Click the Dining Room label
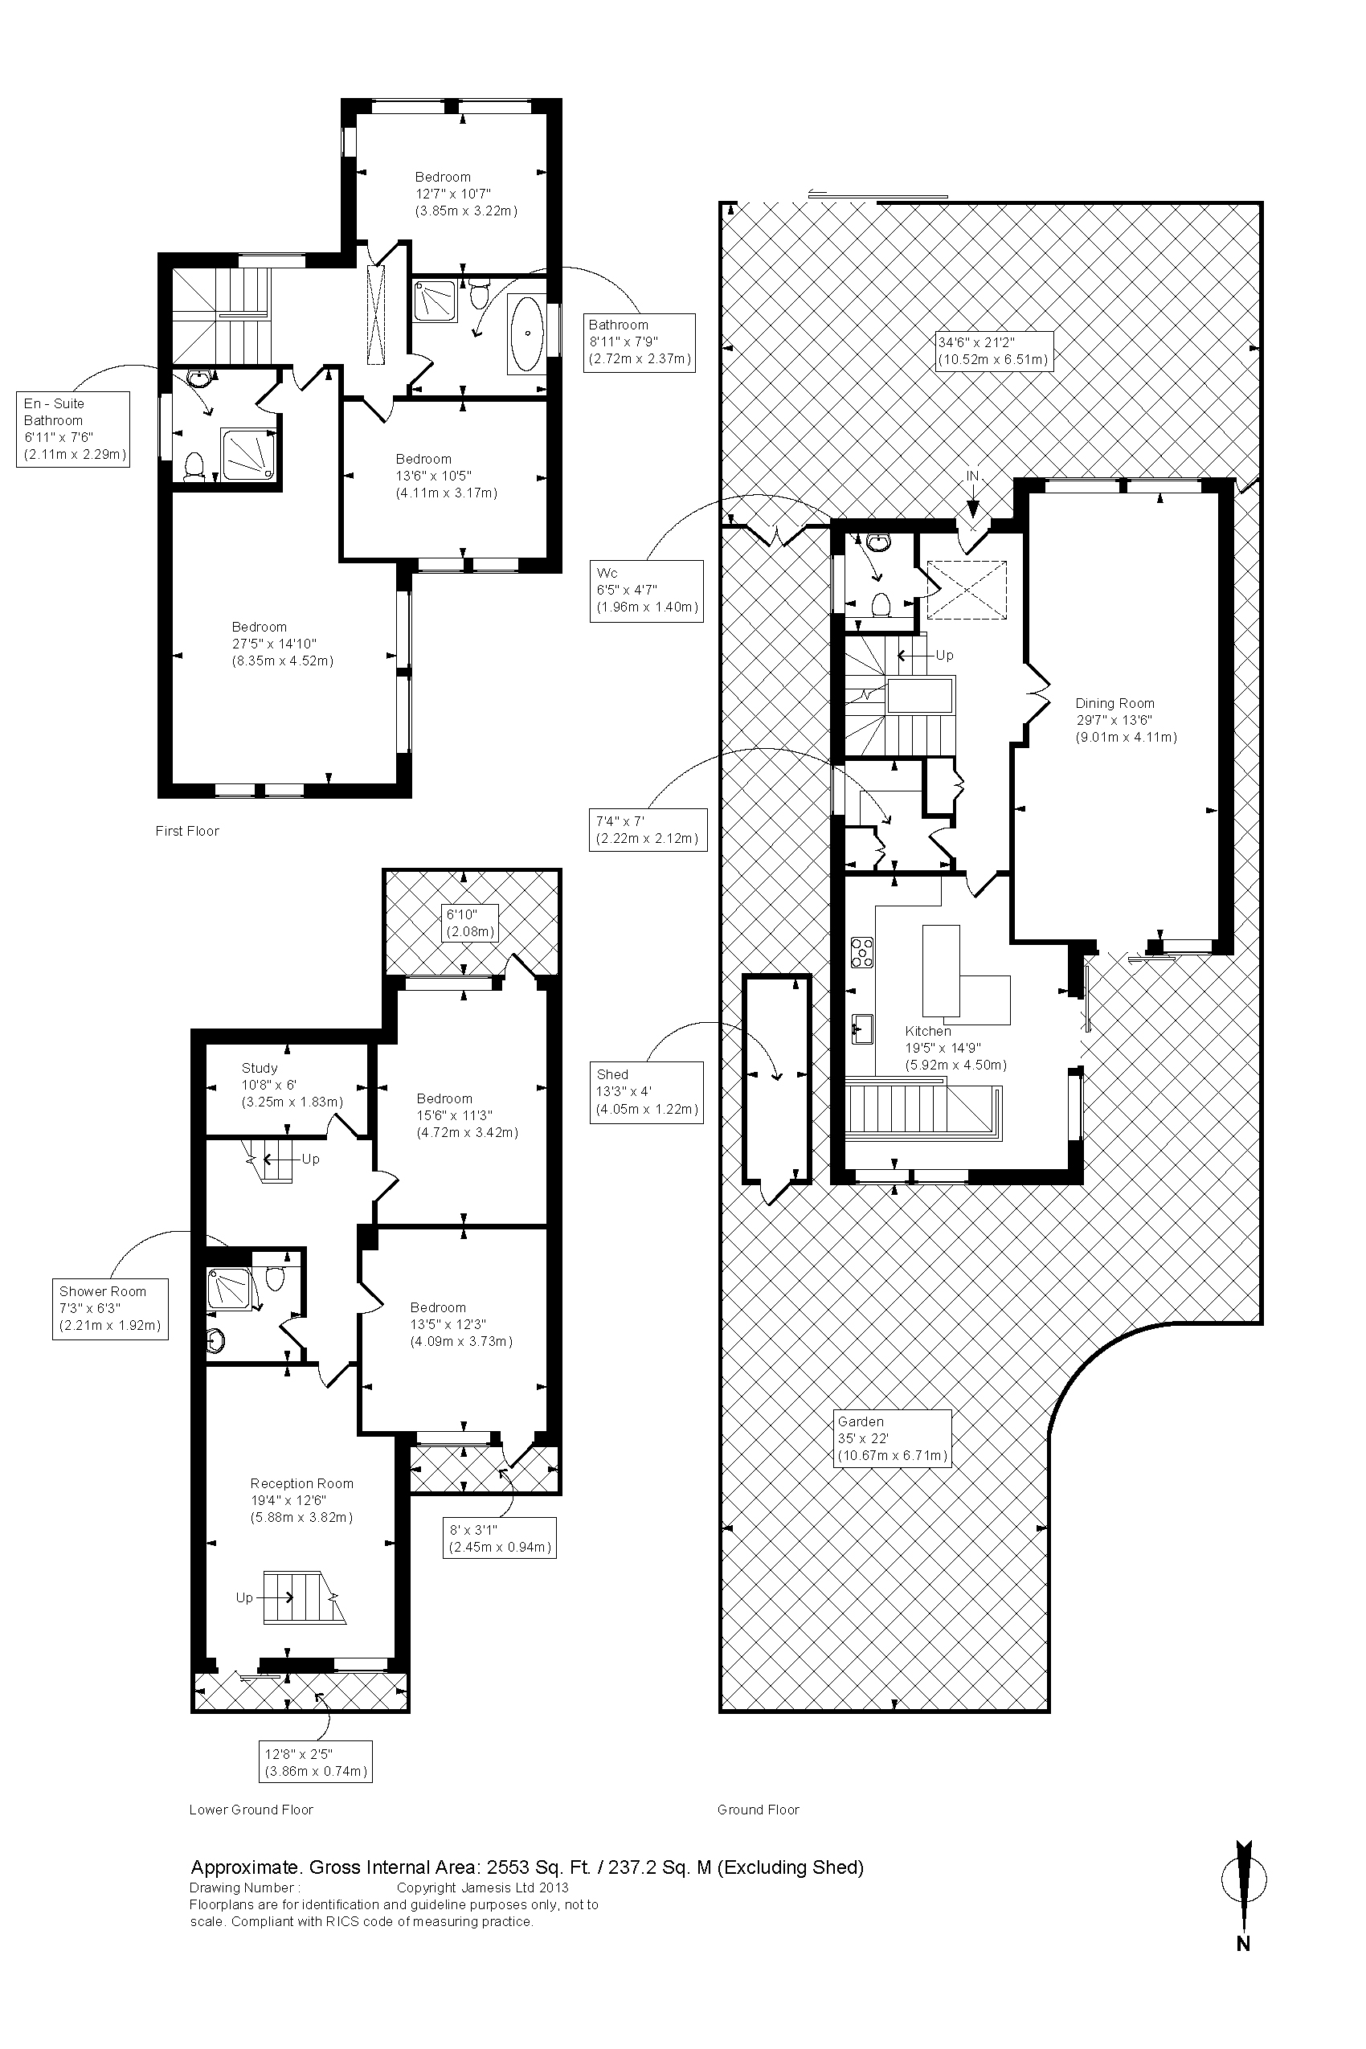click(x=1126, y=721)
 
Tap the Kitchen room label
click(x=955, y=1048)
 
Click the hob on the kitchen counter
click(x=862, y=951)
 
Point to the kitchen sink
click(x=862, y=1029)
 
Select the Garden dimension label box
click(x=892, y=1438)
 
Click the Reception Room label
click(x=301, y=1501)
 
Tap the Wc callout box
click(x=646, y=591)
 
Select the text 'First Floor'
click(x=187, y=831)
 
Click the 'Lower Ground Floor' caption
click(x=251, y=1810)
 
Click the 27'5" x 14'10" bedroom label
click(x=282, y=644)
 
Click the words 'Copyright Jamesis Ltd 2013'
click(x=483, y=1887)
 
